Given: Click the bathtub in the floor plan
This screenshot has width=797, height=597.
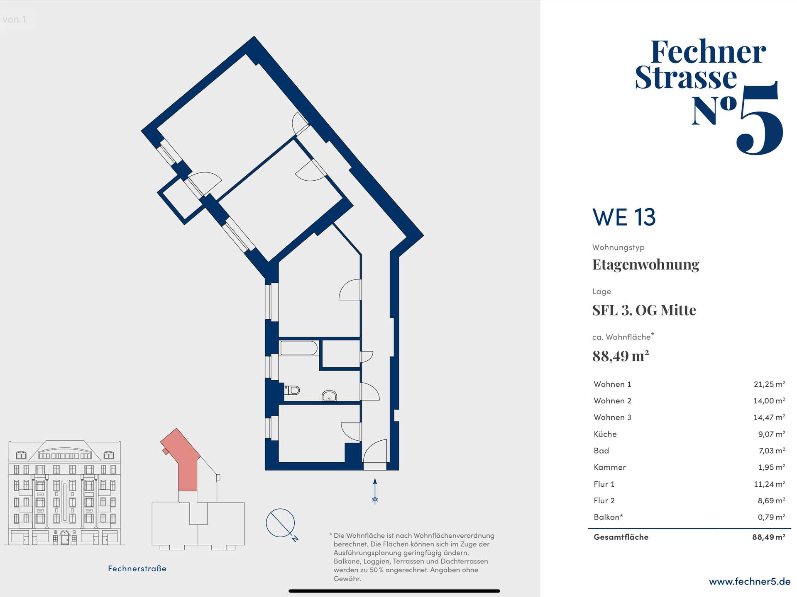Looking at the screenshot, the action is (299, 348).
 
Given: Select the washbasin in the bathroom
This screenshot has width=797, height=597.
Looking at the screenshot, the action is (329, 396).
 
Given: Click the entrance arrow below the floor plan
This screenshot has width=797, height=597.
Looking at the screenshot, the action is (375, 491).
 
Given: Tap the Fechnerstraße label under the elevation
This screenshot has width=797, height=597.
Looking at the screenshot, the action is (137, 568).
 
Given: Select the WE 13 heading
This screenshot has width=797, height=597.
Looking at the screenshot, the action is (624, 217).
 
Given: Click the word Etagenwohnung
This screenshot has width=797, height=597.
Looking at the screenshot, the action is (645, 265).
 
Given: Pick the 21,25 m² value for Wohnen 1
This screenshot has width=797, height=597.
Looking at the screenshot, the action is (769, 384).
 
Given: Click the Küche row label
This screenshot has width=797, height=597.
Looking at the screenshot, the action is (605, 434).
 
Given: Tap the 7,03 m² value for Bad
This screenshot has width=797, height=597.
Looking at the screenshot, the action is (772, 451).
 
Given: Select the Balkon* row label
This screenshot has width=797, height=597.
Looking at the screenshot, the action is (608, 517).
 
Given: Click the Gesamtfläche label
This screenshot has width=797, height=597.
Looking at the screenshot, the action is (621, 537).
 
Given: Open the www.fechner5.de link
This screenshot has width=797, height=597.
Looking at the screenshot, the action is (750, 582).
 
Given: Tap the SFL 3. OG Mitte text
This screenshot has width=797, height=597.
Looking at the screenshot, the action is (644, 310).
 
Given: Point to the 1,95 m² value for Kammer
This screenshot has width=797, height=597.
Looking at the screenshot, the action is (772, 467).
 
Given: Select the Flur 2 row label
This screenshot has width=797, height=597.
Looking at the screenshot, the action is (604, 500).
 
